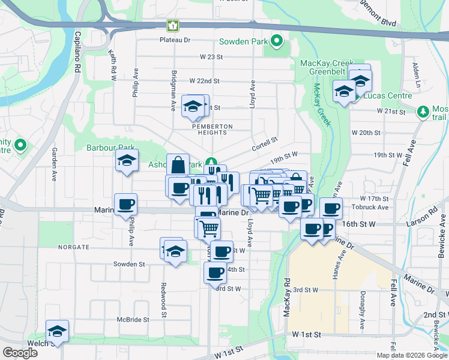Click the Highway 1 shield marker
click(173, 26)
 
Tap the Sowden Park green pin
click(276, 41)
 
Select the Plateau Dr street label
click(175, 40)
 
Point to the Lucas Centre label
click(391, 95)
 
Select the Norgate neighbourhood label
click(73, 247)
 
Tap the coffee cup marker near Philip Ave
click(126, 204)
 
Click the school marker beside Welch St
click(58, 331)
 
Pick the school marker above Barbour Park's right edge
click(127, 160)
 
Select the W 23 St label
click(211, 57)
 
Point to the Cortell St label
click(265, 140)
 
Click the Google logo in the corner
click(20, 353)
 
